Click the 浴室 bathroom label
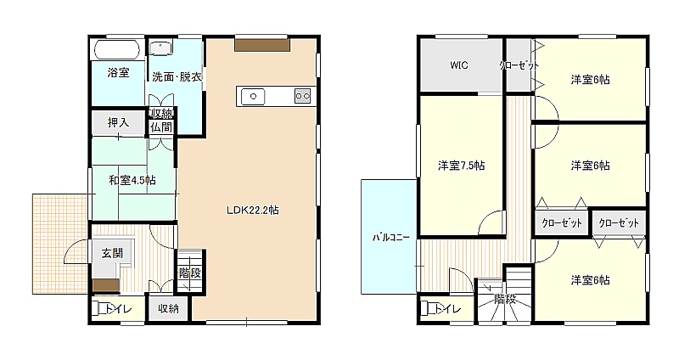click(x=118, y=72)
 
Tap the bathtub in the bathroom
click(x=119, y=49)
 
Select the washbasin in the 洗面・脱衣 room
click(x=160, y=48)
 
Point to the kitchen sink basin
click(x=253, y=96)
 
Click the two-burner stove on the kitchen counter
click(x=303, y=96)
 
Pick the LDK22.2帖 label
click(x=253, y=211)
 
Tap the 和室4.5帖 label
click(x=132, y=180)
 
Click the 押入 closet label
click(x=118, y=122)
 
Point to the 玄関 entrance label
click(x=112, y=253)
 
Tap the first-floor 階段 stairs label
click(x=190, y=273)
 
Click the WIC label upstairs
click(x=459, y=65)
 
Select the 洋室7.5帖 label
click(x=461, y=166)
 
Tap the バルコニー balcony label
click(x=391, y=238)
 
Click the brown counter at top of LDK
click(x=262, y=46)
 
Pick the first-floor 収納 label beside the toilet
click(x=168, y=308)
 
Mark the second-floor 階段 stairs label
click(x=505, y=299)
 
